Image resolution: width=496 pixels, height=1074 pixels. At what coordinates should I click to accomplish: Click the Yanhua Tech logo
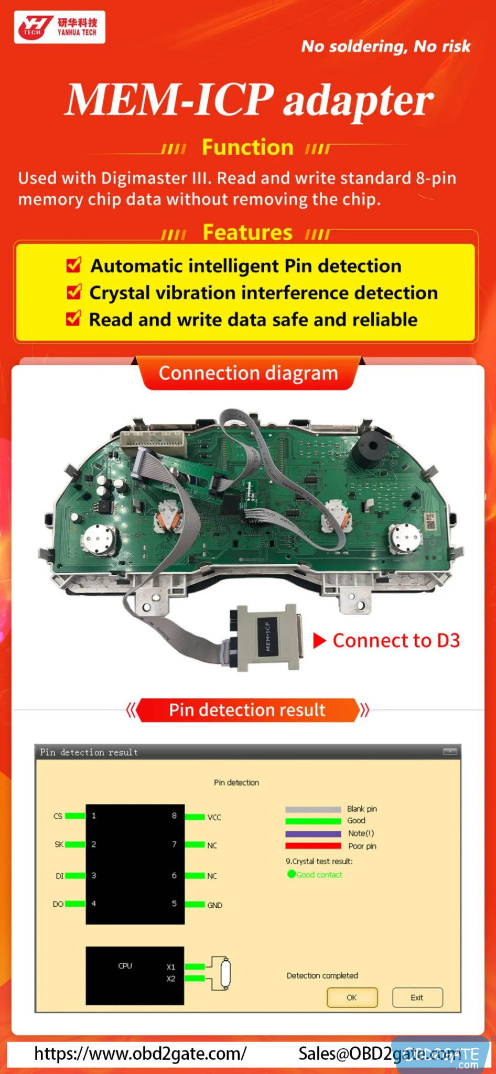tap(59, 27)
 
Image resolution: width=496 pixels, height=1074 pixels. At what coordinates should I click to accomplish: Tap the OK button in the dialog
tap(352, 997)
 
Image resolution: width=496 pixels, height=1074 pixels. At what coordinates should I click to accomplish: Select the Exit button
tap(417, 997)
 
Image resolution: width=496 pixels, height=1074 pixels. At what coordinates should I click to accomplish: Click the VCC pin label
tap(214, 817)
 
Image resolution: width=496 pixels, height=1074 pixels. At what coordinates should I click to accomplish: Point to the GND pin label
tap(214, 905)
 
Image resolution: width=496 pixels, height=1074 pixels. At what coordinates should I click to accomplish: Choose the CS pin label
tap(58, 816)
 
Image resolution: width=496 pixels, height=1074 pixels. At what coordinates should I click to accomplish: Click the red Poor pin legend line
tap(313, 845)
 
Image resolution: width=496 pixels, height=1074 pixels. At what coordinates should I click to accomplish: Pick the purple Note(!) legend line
tap(313, 833)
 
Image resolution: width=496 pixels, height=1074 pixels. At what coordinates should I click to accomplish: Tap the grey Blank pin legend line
tap(313, 809)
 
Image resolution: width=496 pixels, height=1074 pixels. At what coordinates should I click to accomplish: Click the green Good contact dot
tap(292, 874)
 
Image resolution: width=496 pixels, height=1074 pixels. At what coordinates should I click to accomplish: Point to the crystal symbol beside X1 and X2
tap(225, 973)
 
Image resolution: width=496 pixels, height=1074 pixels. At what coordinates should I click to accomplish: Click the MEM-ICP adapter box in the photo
tap(269, 637)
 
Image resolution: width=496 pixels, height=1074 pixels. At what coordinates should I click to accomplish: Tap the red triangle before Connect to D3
tap(319, 640)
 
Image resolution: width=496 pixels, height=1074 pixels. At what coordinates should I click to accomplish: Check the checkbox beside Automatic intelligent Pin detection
tap(74, 265)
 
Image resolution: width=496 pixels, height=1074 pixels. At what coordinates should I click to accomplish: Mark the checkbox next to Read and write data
tap(73, 318)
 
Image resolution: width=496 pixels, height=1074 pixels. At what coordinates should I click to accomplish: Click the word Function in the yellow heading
tap(247, 147)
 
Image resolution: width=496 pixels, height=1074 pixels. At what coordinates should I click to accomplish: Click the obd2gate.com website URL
tap(140, 1054)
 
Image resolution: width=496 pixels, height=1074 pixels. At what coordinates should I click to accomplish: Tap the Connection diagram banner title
tap(248, 373)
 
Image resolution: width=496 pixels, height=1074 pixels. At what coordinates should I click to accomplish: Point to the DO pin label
tap(58, 904)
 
